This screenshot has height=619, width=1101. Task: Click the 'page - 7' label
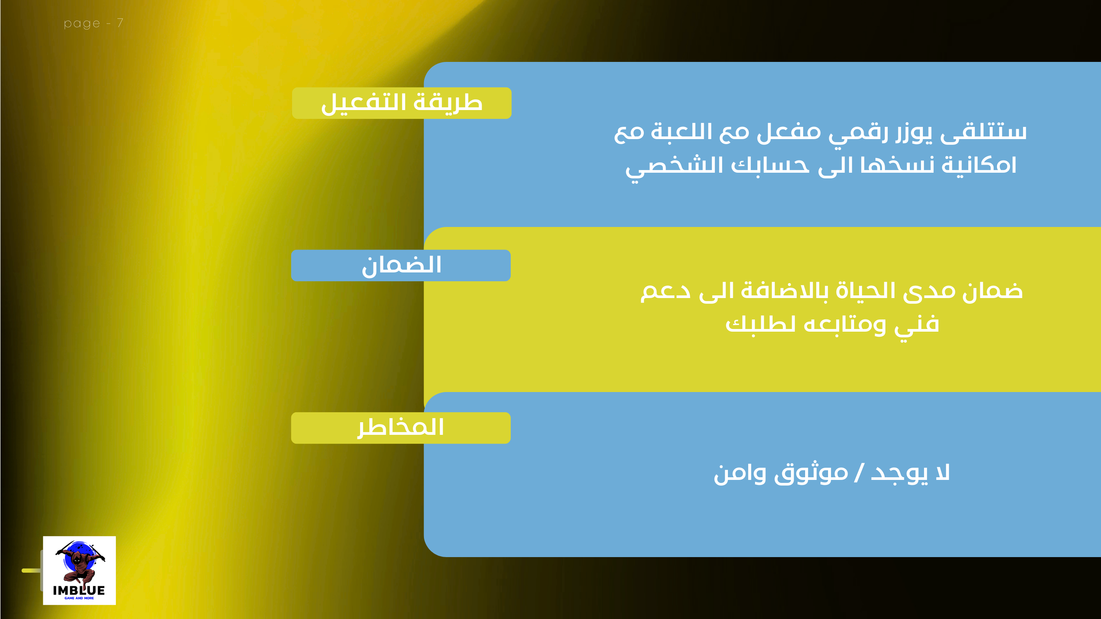94,23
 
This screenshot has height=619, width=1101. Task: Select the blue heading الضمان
401,265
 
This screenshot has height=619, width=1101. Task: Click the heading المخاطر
401,428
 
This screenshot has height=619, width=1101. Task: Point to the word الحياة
866,291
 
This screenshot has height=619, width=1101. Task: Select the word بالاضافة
784,291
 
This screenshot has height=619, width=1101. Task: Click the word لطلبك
760,325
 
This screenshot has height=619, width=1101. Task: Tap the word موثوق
811,473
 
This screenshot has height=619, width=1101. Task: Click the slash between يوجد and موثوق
859,473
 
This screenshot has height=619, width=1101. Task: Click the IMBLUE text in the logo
79,590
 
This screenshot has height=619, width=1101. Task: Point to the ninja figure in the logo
80,562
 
